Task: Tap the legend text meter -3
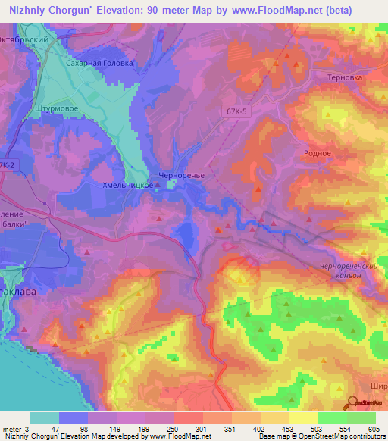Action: click(x=16, y=429)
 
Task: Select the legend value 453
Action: click(x=289, y=429)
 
